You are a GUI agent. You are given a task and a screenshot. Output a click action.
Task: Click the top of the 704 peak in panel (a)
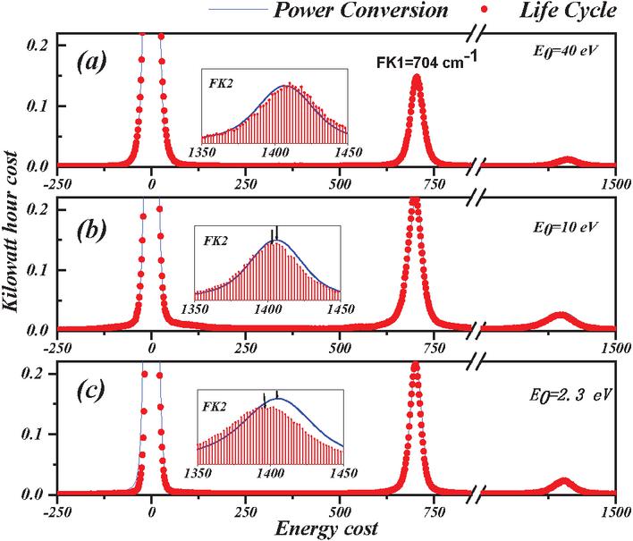[x=416, y=78]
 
